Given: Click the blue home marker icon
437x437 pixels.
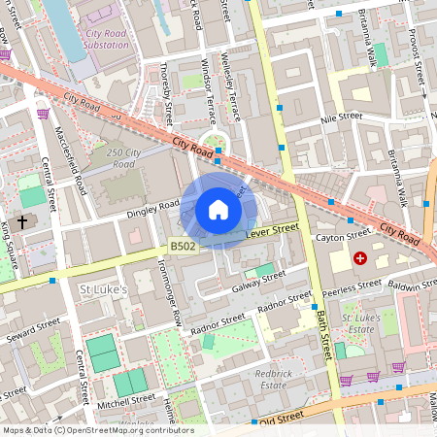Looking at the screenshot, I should coord(218,210).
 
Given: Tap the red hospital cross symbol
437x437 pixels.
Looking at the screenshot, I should coord(360,258).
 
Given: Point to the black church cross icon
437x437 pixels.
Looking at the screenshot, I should coord(21,221).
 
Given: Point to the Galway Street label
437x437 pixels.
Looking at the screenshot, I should coord(259,281).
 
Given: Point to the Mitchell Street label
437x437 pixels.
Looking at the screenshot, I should coord(126,400).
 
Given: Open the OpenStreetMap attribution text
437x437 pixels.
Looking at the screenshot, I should coord(97,430).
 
